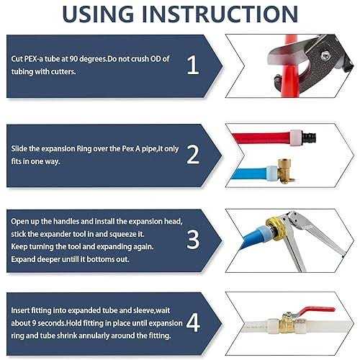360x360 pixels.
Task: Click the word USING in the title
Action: (98, 14)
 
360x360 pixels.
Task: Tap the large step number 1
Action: (193, 65)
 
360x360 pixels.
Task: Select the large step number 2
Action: (193, 155)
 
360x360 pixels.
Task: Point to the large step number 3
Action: (193, 240)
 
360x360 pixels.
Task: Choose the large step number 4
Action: (193, 323)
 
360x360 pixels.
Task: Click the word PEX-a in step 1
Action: (34, 59)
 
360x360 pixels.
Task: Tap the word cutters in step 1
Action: (63, 71)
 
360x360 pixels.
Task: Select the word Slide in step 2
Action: (19, 148)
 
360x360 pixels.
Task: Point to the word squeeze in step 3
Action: (122, 234)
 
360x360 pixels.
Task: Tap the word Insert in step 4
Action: (21, 310)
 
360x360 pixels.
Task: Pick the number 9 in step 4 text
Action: (34, 323)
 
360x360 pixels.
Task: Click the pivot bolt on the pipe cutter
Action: (325, 56)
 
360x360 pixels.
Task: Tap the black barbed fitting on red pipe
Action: (308, 138)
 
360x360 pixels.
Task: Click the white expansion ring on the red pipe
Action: (295, 138)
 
